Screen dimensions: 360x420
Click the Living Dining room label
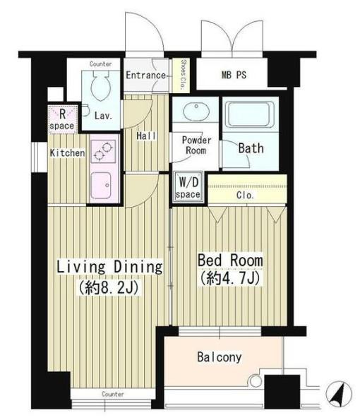pos(109,267)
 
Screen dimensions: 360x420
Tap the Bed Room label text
pos(230,260)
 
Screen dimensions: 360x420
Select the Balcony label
pos(220,357)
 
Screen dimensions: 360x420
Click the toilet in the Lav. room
pos(101,85)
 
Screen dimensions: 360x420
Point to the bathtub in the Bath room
pos(250,114)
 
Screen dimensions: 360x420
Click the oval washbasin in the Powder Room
pos(196,111)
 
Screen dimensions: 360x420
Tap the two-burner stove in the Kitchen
pos(103,152)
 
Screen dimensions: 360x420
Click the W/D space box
pos(188,188)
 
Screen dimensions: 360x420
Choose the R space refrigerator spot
pos(63,119)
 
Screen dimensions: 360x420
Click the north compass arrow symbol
pos(339,394)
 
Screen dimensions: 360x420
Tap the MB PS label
pos(234,75)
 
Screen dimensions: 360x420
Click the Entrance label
pos(145,75)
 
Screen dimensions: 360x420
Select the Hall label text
pos(146,136)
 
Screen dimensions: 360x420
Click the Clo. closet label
pos(245,196)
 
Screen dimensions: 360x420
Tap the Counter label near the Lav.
pos(101,64)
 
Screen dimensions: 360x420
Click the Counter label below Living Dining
pos(113,394)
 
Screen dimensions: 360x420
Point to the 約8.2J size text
pos(109,288)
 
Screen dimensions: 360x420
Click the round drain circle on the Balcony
pos(256,380)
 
